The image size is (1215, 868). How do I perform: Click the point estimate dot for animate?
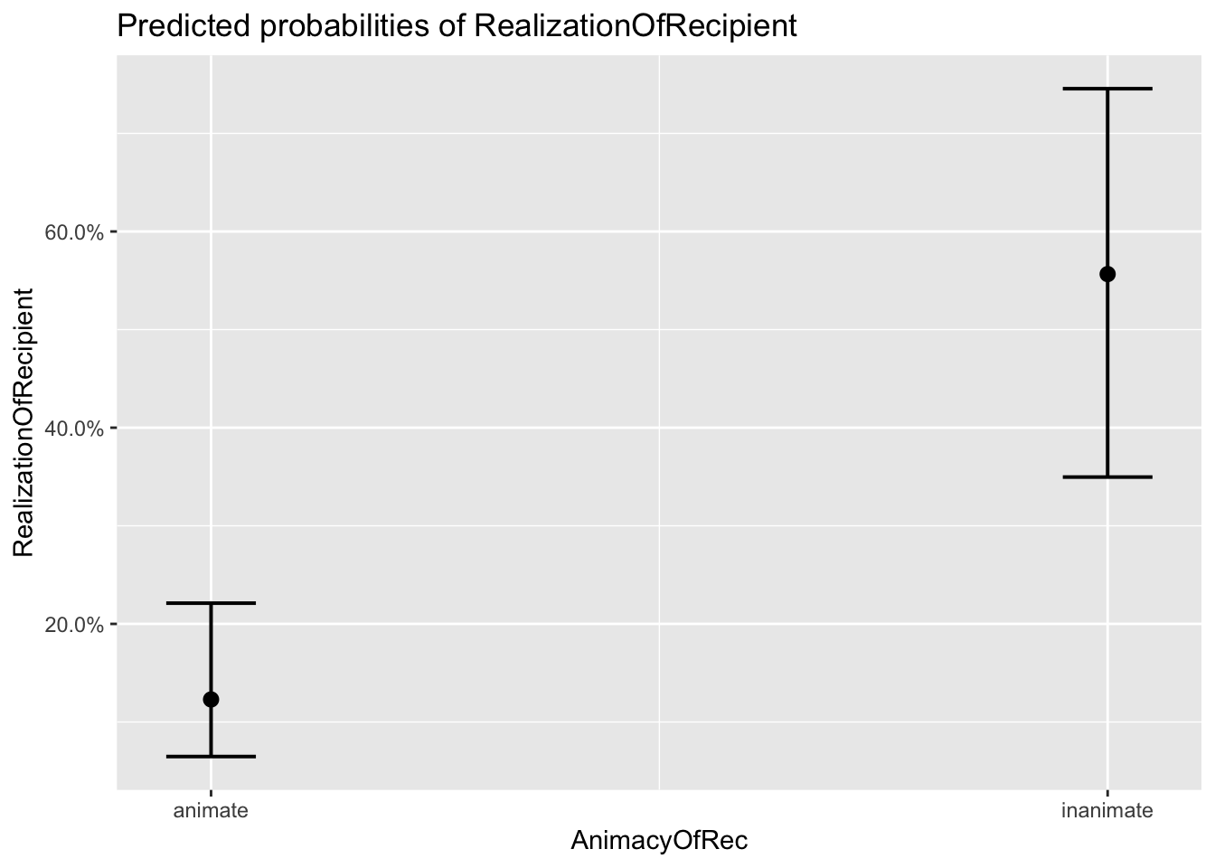[x=211, y=699]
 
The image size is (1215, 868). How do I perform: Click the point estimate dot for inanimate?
[x=1107, y=274]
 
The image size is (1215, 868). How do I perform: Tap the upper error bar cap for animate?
[x=211, y=602]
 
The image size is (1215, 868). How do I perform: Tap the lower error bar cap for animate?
[x=211, y=756]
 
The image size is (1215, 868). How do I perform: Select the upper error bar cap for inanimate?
[x=1107, y=89]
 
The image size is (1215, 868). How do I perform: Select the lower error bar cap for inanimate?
[x=1107, y=476]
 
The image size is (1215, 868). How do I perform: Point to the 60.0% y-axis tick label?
[x=75, y=232]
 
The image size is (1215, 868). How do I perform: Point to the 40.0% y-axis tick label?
[x=75, y=429]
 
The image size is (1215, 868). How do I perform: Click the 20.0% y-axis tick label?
[x=75, y=625]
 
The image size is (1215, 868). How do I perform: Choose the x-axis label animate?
[x=211, y=810]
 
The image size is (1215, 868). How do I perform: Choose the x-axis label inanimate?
[x=1107, y=810]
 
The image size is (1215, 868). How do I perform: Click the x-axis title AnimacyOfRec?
[x=659, y=841]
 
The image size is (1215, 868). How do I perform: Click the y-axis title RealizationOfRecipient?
[x=24, y=422]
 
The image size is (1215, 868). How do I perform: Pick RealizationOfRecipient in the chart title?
[x=636, y=27]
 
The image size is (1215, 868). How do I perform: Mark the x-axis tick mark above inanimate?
[x=1107, y=794]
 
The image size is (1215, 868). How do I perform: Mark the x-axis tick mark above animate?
[x=211, y=794]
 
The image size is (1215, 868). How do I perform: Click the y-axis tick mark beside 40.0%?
[x=113, y=428]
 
